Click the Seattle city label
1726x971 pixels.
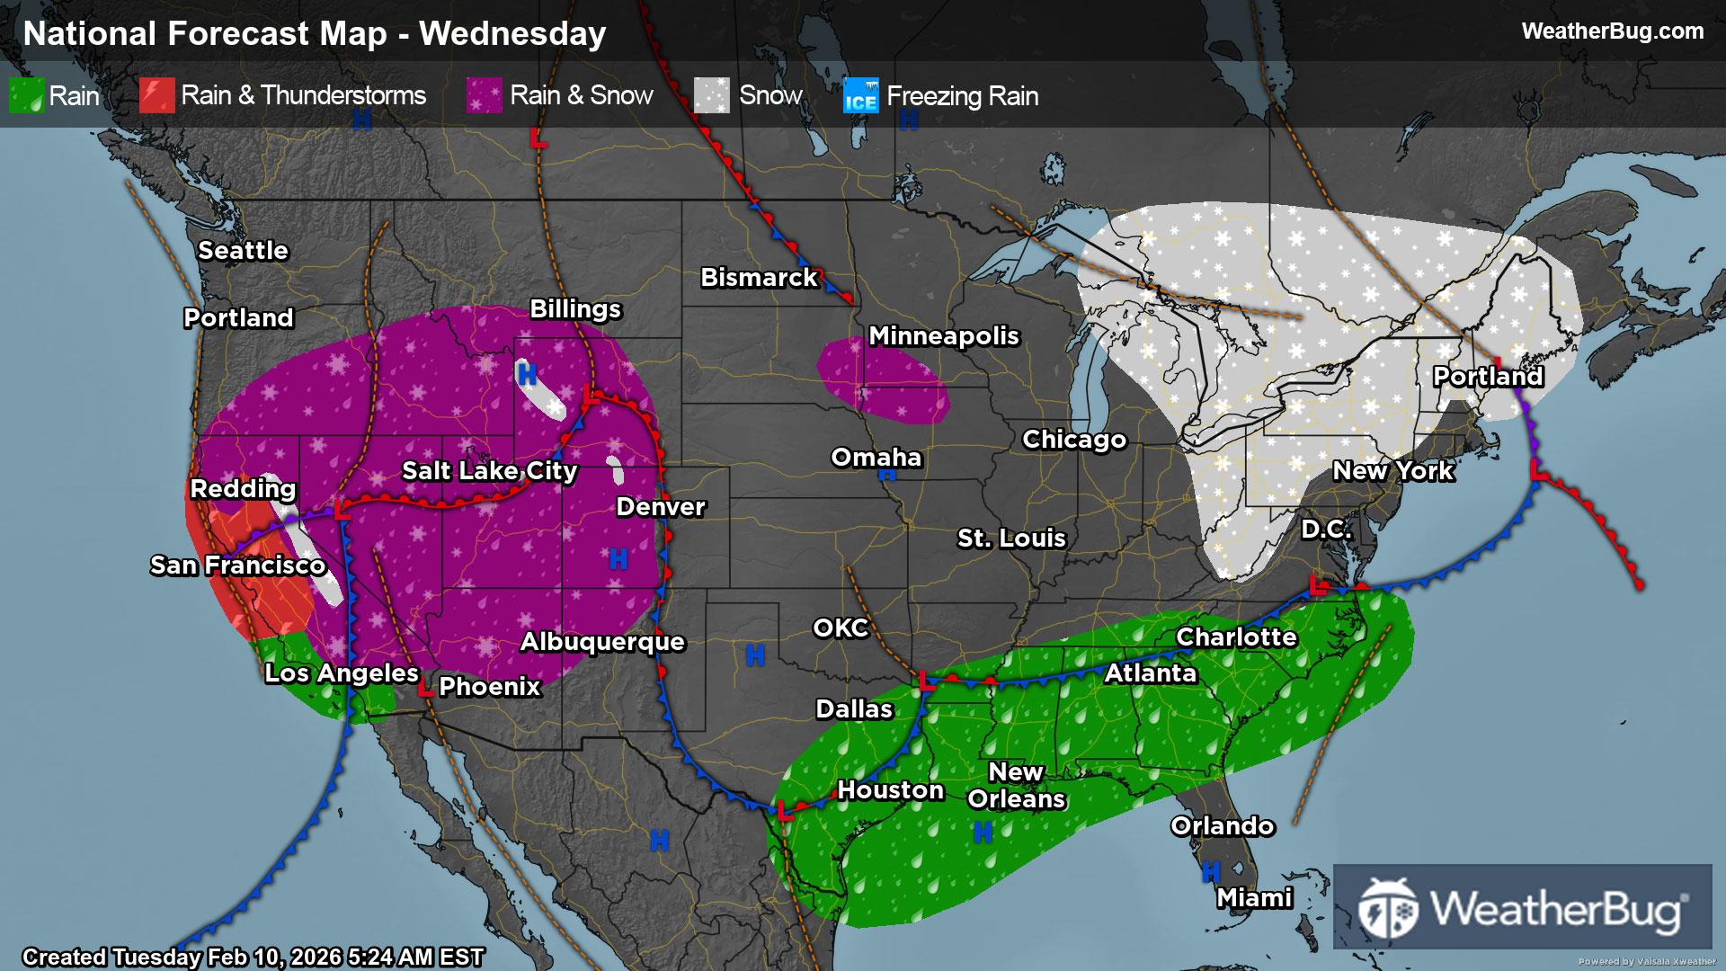click(x=243, y=250)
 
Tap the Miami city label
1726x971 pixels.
click(x=1254, y=897)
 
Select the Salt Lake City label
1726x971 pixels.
click(x=489, y=470)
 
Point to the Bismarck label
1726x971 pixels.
click(x=759, y=277)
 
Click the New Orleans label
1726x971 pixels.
click(x=1016, y=785)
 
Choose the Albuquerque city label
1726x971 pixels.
click(x=602, y=641)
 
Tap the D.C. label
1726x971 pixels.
click(x=1326, y=529)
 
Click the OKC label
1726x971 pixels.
click(x=841, y=628)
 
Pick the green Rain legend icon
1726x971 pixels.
click(x=26, y=95)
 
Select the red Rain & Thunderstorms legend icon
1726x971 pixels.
click(x=156, y=95)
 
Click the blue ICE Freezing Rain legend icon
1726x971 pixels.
click(x=860, y=95)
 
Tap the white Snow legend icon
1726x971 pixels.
click(x=711, y=95)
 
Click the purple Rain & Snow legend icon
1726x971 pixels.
click(x=484, y=95)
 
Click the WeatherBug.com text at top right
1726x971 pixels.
click(x=1612, y=31)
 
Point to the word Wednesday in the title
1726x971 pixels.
click(x=512, y=33)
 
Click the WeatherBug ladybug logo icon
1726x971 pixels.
click(x=1387, y=908)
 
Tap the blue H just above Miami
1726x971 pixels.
click(x=1211, y=870)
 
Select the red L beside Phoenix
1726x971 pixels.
click(x=426, y=689)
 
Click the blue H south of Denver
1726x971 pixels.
click(x=618, y=559)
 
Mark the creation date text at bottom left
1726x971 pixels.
click(x=253, y=957)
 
